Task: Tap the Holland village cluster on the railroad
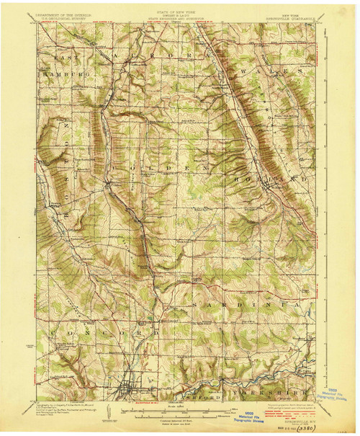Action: coord(267,189)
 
